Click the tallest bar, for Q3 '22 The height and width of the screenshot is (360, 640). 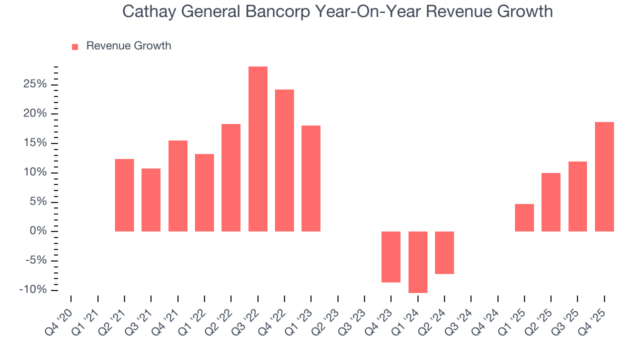pos(258,149)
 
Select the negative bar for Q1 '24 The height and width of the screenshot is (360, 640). pos(418,262)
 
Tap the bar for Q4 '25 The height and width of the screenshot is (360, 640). pos(604,176)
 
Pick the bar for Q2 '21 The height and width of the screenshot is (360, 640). pos(124,195)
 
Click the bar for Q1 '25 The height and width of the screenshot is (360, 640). pos(524,217)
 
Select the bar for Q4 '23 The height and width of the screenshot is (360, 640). pos(391,256)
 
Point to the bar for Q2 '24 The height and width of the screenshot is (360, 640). pos(444,252)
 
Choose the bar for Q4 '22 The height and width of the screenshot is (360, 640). pos(284,160)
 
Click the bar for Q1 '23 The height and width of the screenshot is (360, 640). pos(311,178)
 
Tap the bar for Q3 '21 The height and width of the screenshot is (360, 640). pos(151,200)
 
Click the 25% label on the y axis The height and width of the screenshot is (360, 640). pos(35,84)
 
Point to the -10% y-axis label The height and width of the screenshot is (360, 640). pos(33,290)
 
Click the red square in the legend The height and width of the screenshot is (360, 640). pos(75,46)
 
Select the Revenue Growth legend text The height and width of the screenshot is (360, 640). pos(128,46)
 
